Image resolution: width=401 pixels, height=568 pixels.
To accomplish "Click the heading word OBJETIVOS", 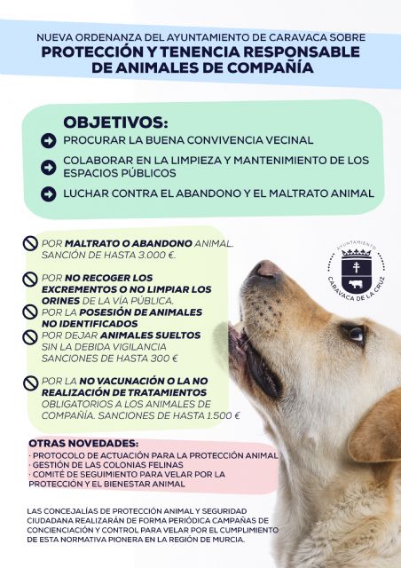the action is pyautogui.click(x=115, y=122).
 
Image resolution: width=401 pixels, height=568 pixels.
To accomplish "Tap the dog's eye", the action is pyautogui.click(x=356, y=335).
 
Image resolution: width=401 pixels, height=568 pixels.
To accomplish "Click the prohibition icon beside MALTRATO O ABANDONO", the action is pyautogui.click(x=31, y=242).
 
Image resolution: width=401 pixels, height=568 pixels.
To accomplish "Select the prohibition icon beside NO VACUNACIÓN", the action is pyautogui.click(x=31, y=384).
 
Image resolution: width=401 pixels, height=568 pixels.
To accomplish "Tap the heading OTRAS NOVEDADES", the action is pyautogui.click(x=83, y=443).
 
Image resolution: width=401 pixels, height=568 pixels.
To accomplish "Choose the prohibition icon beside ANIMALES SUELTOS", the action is pyautogui.click(x=31, y=337).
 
